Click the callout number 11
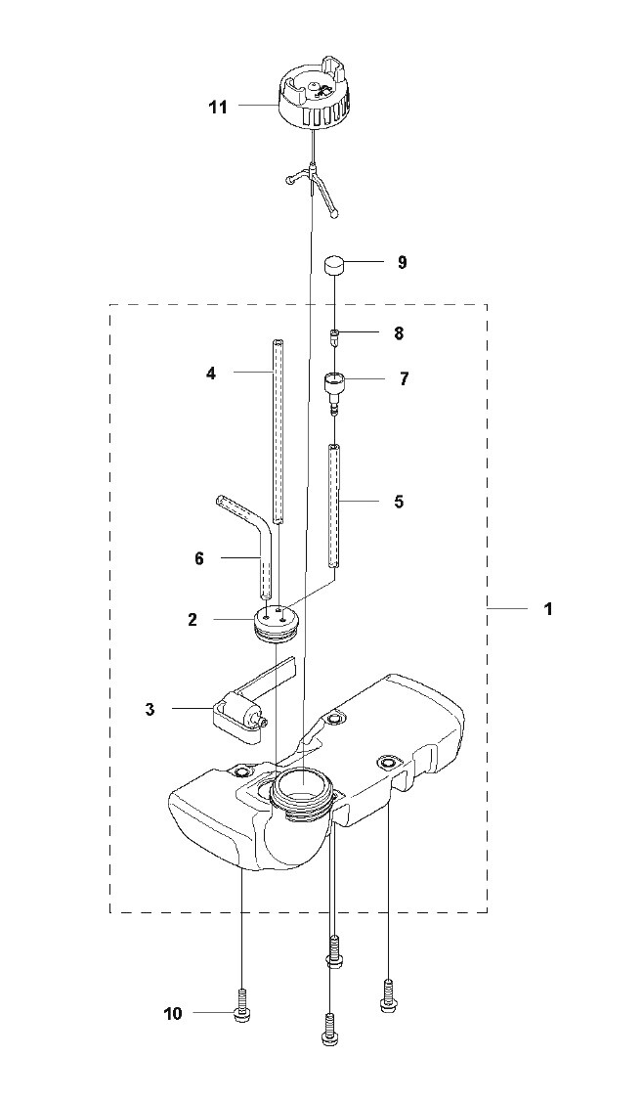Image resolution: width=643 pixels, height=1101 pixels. pos(218,107)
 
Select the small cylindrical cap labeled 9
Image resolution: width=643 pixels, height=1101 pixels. pos(336,268)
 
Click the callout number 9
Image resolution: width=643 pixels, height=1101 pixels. pos(402,263)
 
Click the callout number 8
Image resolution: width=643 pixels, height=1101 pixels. pos(399,333)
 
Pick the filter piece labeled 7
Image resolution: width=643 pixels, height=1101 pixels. pos(335,390)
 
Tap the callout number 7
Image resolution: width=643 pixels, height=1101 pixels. pos(403,379)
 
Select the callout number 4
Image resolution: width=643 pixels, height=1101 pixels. pos(211,374)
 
